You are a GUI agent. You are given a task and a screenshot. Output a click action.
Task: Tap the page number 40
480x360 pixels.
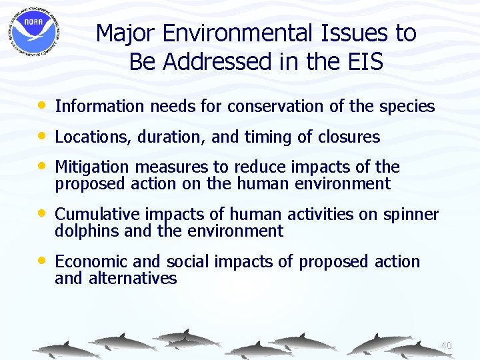pos(446,345)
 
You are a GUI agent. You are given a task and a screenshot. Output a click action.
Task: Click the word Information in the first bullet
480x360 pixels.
pos(99,106)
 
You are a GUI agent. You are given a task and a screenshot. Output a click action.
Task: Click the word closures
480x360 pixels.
pos(349,137)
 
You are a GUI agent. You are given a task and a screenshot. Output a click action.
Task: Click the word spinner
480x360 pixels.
pos(412,215)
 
